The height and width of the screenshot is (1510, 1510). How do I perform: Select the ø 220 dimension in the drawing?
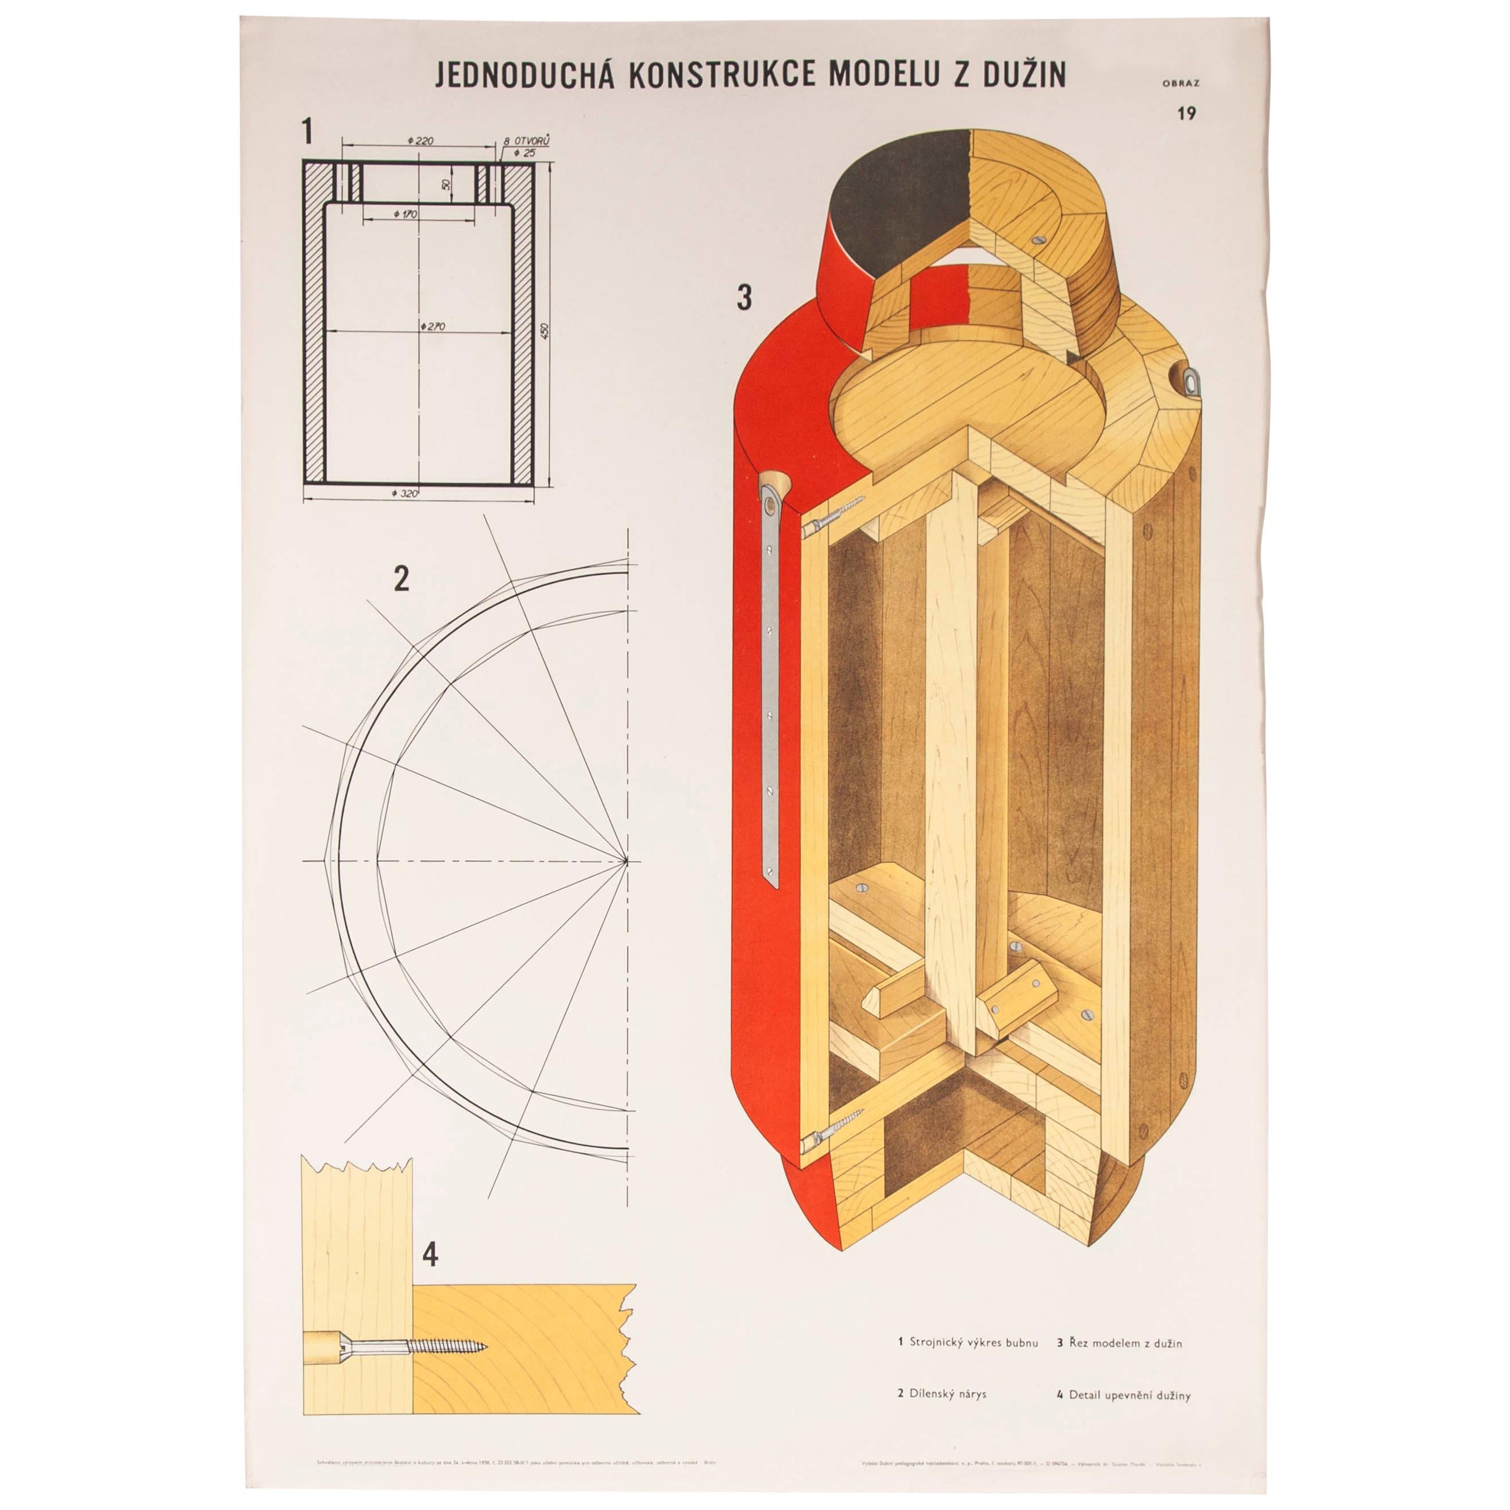coord(421,141)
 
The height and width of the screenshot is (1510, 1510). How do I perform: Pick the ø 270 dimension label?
coord(432,326)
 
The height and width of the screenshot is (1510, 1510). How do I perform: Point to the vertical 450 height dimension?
coord(545,331)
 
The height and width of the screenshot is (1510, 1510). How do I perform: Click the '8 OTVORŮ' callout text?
coord(527,141)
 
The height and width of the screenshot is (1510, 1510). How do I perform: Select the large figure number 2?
coord(401,579)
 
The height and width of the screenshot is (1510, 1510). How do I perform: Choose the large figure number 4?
coord(429,1255)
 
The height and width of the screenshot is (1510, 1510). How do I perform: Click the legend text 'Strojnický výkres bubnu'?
coord(973,1343)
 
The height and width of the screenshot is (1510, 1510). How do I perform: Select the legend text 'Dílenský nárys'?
coord(947,1393)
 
